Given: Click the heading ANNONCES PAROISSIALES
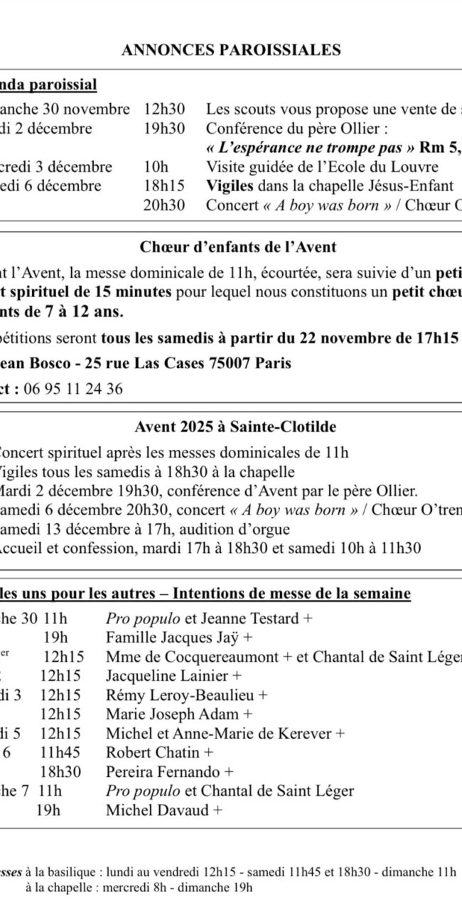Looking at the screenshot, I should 231,50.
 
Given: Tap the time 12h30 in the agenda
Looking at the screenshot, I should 164,109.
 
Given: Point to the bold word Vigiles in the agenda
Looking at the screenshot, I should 227,186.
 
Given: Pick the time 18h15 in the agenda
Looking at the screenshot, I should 164,186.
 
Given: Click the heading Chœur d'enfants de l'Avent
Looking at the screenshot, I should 238,248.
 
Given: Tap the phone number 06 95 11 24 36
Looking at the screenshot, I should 72,389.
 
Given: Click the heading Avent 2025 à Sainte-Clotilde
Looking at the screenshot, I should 235,427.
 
